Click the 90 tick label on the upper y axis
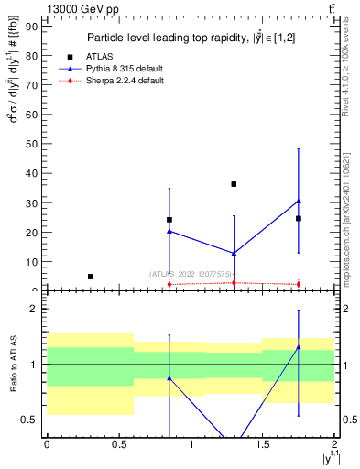tap(29, 27)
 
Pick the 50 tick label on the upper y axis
tap(29, 144)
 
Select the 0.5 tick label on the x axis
tap(118, 444)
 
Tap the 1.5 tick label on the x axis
tap(263, 444)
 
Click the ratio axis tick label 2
tap(33, 310)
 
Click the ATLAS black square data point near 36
tap(234, 184)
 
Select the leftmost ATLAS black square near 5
tap(90, 276)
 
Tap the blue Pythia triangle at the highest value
tap(299, 201)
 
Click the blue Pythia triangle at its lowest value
tap(234, 254)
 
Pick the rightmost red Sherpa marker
tap(299, 284)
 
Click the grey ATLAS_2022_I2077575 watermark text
tap(191, 273)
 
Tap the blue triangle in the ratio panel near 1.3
tap(299, 347)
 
